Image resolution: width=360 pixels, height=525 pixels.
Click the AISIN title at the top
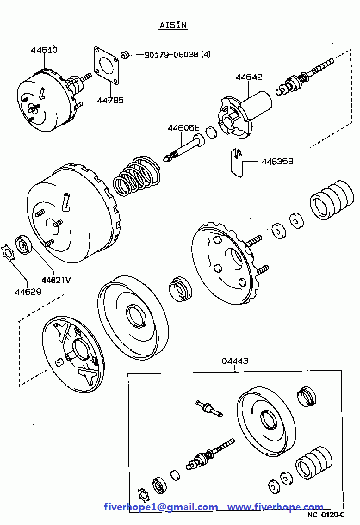(173, 25)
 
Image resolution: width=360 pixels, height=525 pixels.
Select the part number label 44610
(44, 50)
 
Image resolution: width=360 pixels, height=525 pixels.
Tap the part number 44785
(110, 100)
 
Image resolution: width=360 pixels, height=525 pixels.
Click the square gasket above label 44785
(106, 65)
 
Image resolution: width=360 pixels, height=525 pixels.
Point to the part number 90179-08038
(171, 55)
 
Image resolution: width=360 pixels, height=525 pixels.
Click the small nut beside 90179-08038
(125, 55)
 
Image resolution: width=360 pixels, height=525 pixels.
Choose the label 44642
(249, 77)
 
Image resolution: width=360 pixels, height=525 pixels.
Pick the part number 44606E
(184, 128)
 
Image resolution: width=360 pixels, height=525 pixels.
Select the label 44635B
(277, 161)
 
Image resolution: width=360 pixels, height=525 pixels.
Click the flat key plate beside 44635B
(236, 162)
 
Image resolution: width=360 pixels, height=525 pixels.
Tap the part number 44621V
(56, 279)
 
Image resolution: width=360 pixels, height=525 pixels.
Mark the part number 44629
(28, 291)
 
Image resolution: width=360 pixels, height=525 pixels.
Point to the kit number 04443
(235, 361)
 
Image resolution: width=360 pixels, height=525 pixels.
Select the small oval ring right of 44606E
(211, 132)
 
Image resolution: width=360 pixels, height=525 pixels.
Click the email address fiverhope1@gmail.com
(161, 507)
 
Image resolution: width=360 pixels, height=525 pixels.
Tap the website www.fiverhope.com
(276, 507)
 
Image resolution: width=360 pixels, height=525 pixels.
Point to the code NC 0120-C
(326, 515)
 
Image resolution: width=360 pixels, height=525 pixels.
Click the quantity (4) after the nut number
(206, 55)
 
